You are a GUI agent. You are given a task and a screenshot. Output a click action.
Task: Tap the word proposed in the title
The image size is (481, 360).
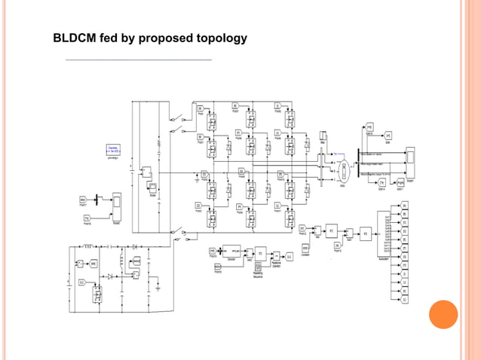tap(164, 38)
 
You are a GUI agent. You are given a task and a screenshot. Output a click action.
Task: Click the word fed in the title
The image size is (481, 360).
tap(114, 38)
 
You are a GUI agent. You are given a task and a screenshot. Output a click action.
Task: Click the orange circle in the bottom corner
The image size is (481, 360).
tap(443, 315)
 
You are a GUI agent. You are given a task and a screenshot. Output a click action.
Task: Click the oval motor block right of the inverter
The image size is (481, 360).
tap(343, 170)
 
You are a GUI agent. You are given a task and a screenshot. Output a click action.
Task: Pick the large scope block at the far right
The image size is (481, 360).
tap(410, 159)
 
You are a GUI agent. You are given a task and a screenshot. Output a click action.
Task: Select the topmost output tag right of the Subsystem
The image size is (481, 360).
tap(404, 204)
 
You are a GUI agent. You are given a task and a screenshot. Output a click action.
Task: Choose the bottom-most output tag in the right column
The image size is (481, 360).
tap(404, 300)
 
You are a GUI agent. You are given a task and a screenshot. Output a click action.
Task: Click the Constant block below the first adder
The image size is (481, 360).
tap(305, 248)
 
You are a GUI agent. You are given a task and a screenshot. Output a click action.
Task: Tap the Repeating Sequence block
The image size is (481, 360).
tap(257, 269)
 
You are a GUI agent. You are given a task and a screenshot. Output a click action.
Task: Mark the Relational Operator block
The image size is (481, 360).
tap(276, 256)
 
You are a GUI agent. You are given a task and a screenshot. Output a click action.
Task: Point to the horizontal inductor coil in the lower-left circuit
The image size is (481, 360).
tap(87, 246)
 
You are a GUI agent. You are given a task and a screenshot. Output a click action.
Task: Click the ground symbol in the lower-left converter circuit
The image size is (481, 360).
tap(159, 287)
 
